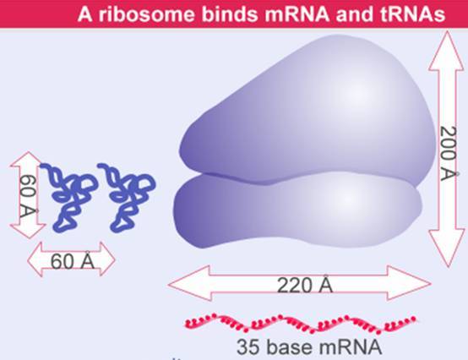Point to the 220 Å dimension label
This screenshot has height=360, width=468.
click(304, 285)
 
